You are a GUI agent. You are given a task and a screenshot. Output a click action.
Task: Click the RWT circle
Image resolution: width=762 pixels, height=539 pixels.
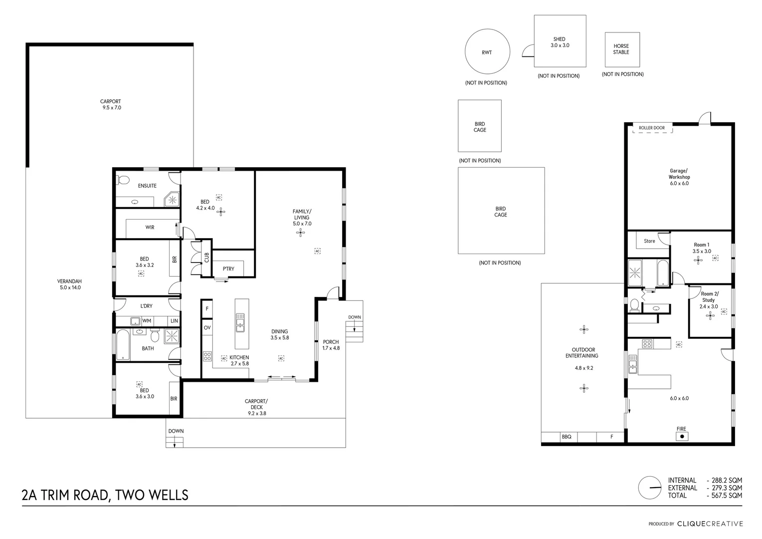click(x=487, y=52)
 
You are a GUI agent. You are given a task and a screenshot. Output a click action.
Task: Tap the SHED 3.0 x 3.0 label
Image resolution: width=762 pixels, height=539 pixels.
click(x=560, y=42)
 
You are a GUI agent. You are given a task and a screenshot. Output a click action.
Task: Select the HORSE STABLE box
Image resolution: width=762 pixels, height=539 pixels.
click(x=622, y=49)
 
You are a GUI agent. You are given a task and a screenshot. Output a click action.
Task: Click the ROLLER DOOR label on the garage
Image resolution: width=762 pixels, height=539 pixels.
click(x=652, y=128)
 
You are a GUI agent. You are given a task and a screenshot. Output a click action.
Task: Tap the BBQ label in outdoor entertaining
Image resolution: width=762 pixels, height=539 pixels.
click(x=567, y=437)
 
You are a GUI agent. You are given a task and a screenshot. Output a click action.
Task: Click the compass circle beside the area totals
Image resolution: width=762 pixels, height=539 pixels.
click(x=650, y=488)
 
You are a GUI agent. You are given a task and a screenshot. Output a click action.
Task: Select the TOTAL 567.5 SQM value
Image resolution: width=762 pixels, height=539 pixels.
click(x=724, y=496)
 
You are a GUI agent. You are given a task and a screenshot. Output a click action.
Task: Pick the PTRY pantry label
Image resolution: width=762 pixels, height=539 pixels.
click(x=228, y=269)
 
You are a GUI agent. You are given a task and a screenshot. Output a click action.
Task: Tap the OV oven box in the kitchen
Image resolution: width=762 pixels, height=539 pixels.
click(x=207, y=328)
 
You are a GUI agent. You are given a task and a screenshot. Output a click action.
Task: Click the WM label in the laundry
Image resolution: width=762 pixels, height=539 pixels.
click(x=147, y=320)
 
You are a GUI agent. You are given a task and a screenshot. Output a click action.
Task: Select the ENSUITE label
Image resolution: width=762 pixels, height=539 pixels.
click(x=147, y=186)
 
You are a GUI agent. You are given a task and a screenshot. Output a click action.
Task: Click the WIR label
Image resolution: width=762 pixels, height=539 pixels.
click(x=150, y=228)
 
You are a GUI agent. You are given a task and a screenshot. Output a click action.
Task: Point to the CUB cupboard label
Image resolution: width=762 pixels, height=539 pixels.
click(x=206, y=257)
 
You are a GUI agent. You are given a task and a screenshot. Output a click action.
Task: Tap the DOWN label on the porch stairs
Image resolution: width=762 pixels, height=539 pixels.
click(x=355, y=317)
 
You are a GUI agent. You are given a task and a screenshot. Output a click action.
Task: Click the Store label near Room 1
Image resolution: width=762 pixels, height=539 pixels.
click(x=649, y=241)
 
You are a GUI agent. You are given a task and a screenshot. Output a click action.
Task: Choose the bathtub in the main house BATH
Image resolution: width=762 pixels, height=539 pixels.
click(x=123, y=345)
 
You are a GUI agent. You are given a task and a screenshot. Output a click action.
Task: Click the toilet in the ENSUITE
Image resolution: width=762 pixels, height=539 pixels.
click(x=123, y=180)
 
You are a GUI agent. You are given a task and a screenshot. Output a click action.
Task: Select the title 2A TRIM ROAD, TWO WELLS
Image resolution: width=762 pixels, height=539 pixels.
click(x=105, y=495)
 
